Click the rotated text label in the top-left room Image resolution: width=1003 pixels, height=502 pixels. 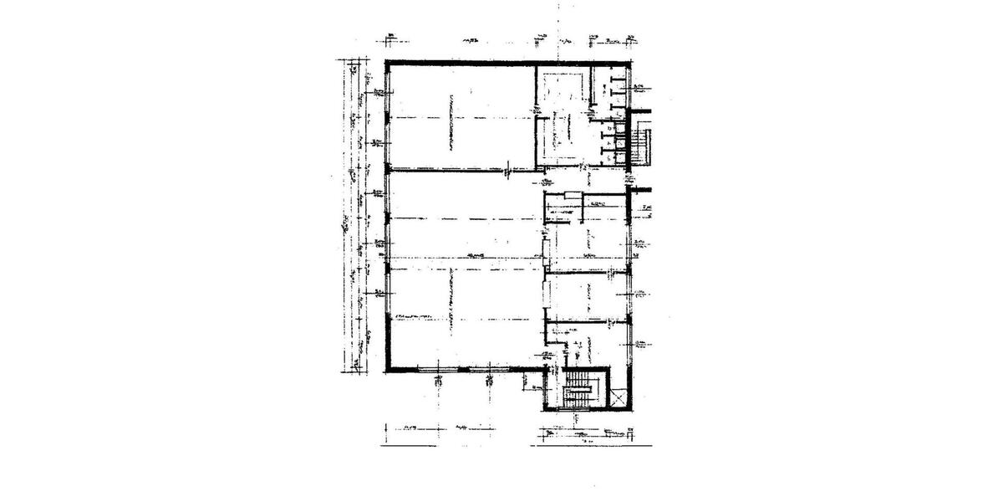[451, 121]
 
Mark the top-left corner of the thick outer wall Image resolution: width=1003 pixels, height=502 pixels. [387, 63]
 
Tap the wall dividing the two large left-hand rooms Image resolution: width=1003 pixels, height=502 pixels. [460, 170]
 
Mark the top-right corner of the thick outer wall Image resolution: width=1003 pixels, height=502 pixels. [629, 63]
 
